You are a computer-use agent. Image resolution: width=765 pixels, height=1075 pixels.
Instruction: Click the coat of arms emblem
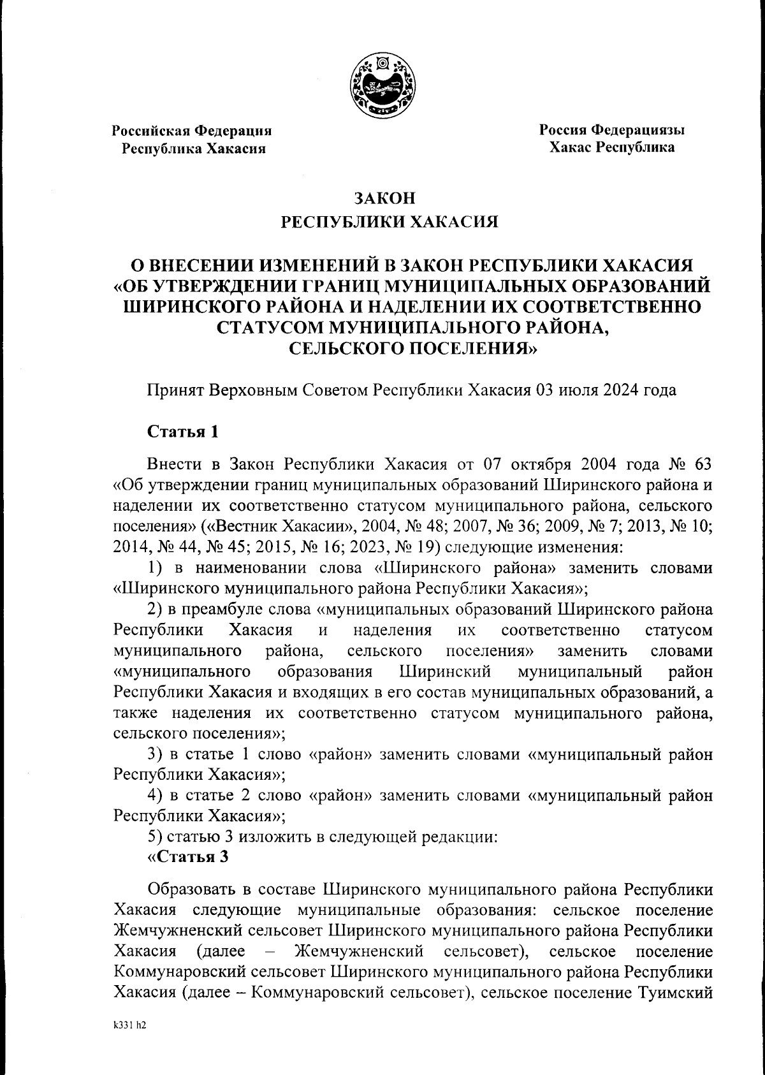click(x=383, y=85)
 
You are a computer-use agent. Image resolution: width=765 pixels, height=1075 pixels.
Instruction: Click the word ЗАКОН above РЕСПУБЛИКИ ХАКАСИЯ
click(x=382, y=198)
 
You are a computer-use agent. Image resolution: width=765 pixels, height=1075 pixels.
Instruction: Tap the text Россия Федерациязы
click(x=612, y=130)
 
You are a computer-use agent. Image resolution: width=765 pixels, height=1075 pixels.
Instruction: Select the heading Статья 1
click(x=183, y=432)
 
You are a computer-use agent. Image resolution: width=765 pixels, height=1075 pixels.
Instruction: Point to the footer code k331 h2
click(x=129, y=1027)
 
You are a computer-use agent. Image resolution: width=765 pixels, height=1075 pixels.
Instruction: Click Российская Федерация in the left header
click(x=192, y=131)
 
